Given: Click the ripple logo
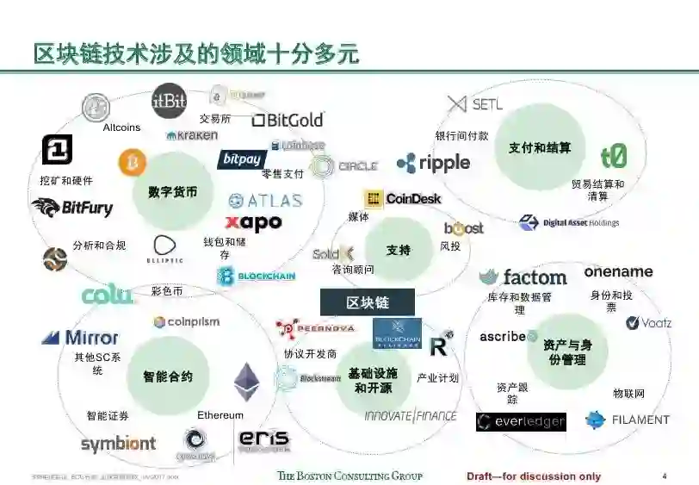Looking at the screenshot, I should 433,163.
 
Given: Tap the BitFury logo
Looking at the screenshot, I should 72,208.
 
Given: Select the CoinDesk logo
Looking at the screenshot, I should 402,199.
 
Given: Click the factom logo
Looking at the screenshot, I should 523,277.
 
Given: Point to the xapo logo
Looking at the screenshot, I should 253,223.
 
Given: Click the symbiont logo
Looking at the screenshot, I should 118,445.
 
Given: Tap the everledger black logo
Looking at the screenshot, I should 521,421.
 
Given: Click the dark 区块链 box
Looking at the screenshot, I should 368,303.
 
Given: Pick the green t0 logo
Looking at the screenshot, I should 614,157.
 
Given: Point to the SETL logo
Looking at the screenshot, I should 475,104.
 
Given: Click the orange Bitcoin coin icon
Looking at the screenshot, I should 133,162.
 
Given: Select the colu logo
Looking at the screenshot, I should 108,295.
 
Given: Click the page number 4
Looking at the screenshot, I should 664,476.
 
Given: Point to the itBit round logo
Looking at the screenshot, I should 169,101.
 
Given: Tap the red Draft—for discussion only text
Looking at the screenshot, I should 534,476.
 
